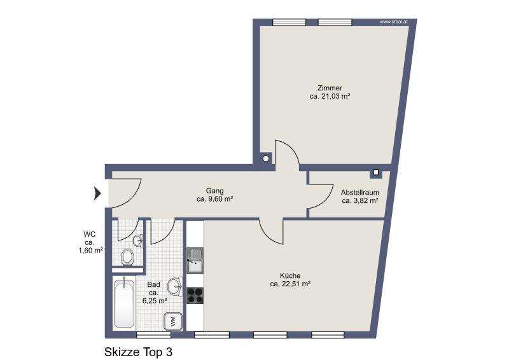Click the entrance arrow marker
pos(98,193)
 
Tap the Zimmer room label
pos(330,88)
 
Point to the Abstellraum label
pos(359,193)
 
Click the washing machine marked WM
pos(173,321)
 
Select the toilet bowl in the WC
pos(128,258)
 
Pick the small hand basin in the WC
pos(138,240)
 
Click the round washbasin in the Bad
pos(176,286)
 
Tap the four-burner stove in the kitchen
pos(195,295)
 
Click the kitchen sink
pos(195,260)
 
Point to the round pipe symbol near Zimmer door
pos(266,158)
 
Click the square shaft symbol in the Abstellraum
pos(376,172)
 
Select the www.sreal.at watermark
pos(393,22)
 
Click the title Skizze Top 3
pos(138,352)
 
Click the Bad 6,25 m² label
pos(155,293)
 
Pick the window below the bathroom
pos(153,335)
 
